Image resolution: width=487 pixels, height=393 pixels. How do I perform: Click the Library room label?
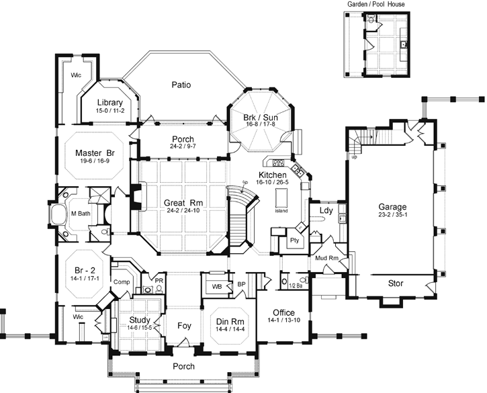coord(109,103)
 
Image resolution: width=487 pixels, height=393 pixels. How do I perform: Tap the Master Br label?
coord(93,152)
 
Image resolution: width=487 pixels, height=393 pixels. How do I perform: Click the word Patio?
coord(181,85)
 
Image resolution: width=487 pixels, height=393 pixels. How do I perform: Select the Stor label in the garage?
coord(396,283)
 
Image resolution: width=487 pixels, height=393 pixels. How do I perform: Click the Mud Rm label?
coord(325,258)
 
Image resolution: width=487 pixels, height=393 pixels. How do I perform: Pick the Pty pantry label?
coord(294,240)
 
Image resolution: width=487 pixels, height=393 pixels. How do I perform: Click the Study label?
coord(139,320)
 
